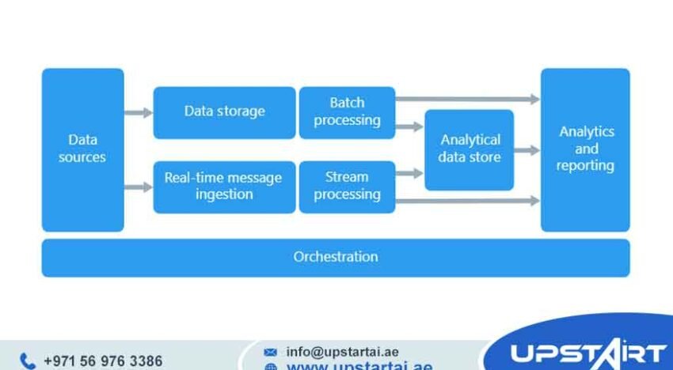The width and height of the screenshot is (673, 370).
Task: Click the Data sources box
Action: pyautogui.click(x=82, y=149)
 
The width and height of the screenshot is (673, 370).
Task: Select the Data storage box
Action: pyautogui.click(x=224, y=112)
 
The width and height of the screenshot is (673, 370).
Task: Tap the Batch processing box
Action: pyautogui.click(x=347, y=112)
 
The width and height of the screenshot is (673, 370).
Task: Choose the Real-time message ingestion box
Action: pyautogui.click(x=224, y=187)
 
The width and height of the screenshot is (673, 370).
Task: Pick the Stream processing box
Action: pyautogui.click(x=347, y=187)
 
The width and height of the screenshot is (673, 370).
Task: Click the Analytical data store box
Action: pyautogui.click(x=470, y=149)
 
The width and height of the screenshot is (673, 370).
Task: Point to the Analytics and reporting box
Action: pyautogui.click(x=585, y=149)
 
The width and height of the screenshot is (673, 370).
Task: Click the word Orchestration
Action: pyautogui.click(x=336, y=257)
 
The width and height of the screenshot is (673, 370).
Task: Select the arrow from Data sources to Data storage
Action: pyautogui.click(x=139, y=113)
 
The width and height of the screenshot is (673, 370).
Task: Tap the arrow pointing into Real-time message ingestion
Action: pyautogui.click(x=139, y=187)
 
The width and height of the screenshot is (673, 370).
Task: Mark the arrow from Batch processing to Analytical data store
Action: pyautogui.click(x=409, y=126)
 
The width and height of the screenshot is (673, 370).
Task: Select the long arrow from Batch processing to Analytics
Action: pyautogui.click(x=467, y=100)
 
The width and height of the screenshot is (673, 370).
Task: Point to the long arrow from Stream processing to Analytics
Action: pyautogui.click(x=467, y=202)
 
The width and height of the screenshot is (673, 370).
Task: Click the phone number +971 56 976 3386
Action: pyautogui.click(x=103, y=361)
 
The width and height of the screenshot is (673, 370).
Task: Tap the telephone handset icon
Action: pyautogui.click(x=28, y=361)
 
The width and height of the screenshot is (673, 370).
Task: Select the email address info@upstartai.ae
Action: pyautogui.click(x=343, y=352)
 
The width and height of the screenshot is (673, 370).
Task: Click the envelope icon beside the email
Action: pyautogui.click(x=271, y=353)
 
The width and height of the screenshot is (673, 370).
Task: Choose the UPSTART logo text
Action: pyautogui.click(x=587, y=353)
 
